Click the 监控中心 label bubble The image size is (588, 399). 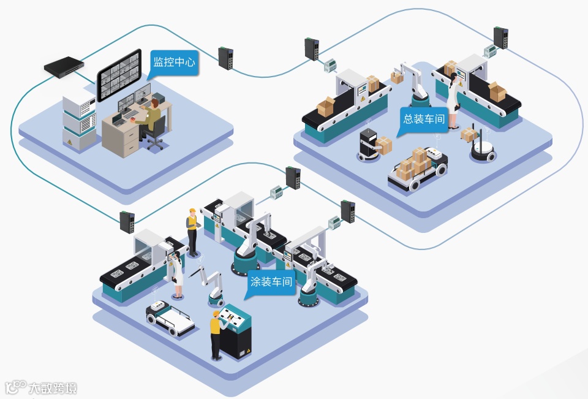174,63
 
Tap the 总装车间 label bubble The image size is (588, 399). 423,119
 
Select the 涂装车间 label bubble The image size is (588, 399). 272,284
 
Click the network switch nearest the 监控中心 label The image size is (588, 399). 225,58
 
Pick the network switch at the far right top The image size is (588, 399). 501,38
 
